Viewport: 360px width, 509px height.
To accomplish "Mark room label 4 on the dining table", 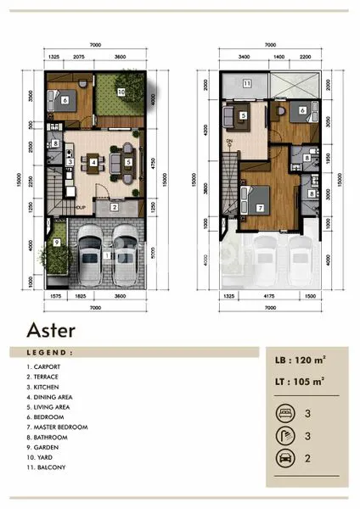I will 93,162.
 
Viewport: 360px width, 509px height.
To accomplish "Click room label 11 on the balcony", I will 245,84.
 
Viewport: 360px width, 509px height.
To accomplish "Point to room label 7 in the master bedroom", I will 260,206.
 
